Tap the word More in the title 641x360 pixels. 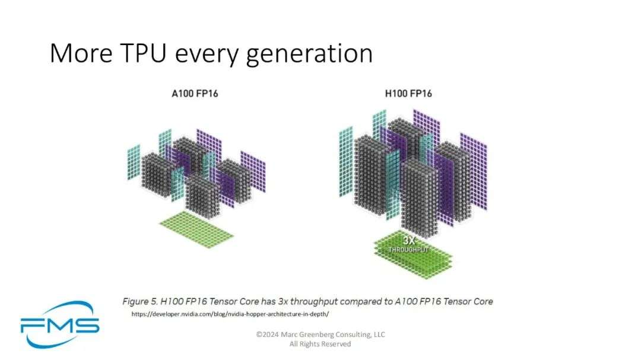coord(81,53)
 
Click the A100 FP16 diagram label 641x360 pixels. coord(195,94)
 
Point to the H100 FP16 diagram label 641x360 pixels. coord(408,94)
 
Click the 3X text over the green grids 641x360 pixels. coord(409,240)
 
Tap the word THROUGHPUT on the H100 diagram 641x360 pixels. coord(408,250)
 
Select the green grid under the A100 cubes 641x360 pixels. coord(196,230)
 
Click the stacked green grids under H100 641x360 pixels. coord(413,255)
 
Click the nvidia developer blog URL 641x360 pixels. coord(230,314)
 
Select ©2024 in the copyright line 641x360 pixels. coord(267,334)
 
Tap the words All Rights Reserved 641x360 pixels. coord(320,344)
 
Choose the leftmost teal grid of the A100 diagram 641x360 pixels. coord(134,163)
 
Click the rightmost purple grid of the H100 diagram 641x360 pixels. coord(474,171)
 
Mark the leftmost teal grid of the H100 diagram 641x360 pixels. coord(346,162)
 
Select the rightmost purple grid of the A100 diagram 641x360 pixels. coord(253,171)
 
